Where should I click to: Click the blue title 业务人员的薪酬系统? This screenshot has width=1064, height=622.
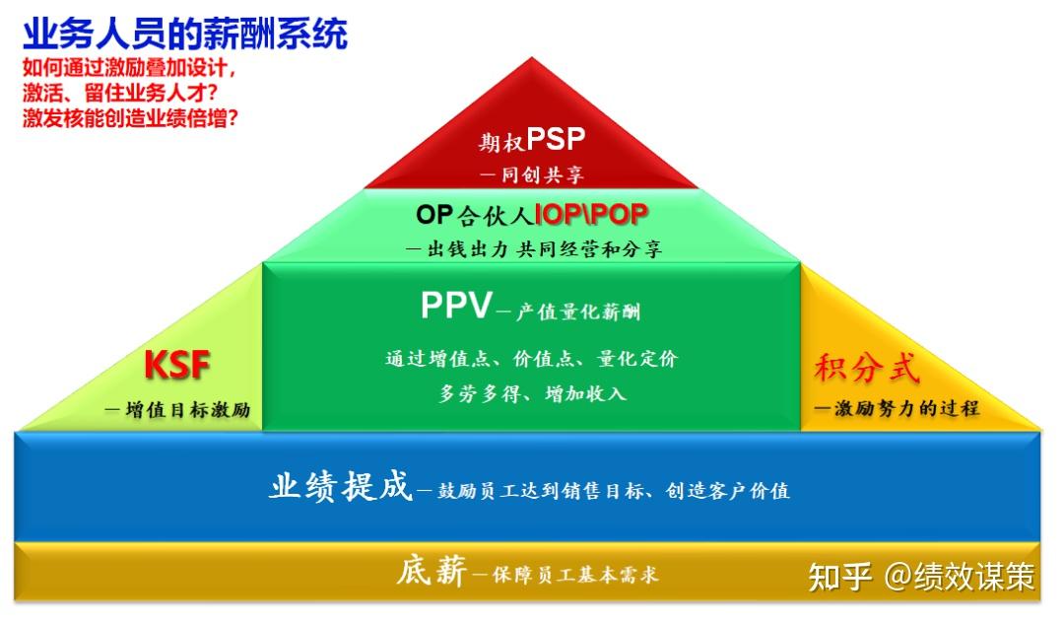[185, 34]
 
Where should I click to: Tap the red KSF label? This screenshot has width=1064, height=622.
[177, 365]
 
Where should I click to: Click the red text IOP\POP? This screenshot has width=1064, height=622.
[591, 215]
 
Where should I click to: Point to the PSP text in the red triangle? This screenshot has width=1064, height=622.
[555, 139]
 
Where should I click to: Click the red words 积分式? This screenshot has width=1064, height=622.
[867, 368]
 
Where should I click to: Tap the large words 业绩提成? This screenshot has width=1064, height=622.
[341, 486]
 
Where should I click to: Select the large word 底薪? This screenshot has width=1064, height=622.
[432, 571]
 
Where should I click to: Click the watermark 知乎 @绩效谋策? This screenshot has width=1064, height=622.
[921, 578]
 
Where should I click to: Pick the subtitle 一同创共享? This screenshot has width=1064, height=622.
[531, 175]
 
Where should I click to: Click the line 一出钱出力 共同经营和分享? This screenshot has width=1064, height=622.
[533, 249]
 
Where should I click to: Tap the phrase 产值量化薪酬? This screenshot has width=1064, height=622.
[578, 311]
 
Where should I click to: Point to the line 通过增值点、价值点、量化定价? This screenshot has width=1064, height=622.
[531, 359]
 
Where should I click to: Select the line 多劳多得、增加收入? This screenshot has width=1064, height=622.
[532, 394]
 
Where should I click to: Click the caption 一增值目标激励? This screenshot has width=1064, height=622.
[177, 409]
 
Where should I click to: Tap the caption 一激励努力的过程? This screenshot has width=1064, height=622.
[897, 408]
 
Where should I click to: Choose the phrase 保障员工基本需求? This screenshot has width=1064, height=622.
[574, 575]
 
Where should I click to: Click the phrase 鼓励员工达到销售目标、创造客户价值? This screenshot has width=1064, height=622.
[614, 490]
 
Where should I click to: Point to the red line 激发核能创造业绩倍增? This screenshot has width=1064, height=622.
[130, 118]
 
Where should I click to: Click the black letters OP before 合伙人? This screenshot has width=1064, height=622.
[434, 215]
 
